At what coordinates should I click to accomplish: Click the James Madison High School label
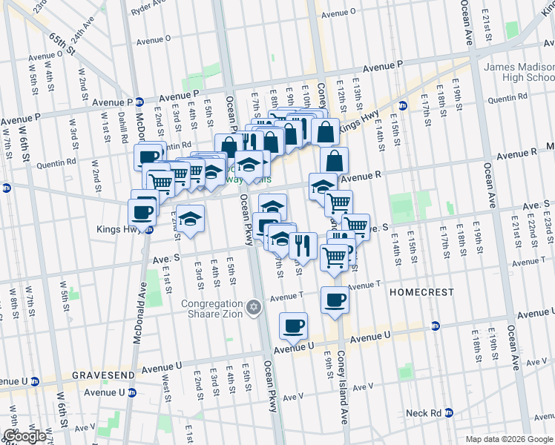click(519, 72)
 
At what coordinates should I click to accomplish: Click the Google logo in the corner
click(24, 436)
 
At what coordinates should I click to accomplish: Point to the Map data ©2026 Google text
click(508, 439)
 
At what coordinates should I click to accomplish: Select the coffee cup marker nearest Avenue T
click(334, 300)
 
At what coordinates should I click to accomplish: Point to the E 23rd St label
click(548, 225)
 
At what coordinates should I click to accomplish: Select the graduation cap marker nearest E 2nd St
click(191, 218)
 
